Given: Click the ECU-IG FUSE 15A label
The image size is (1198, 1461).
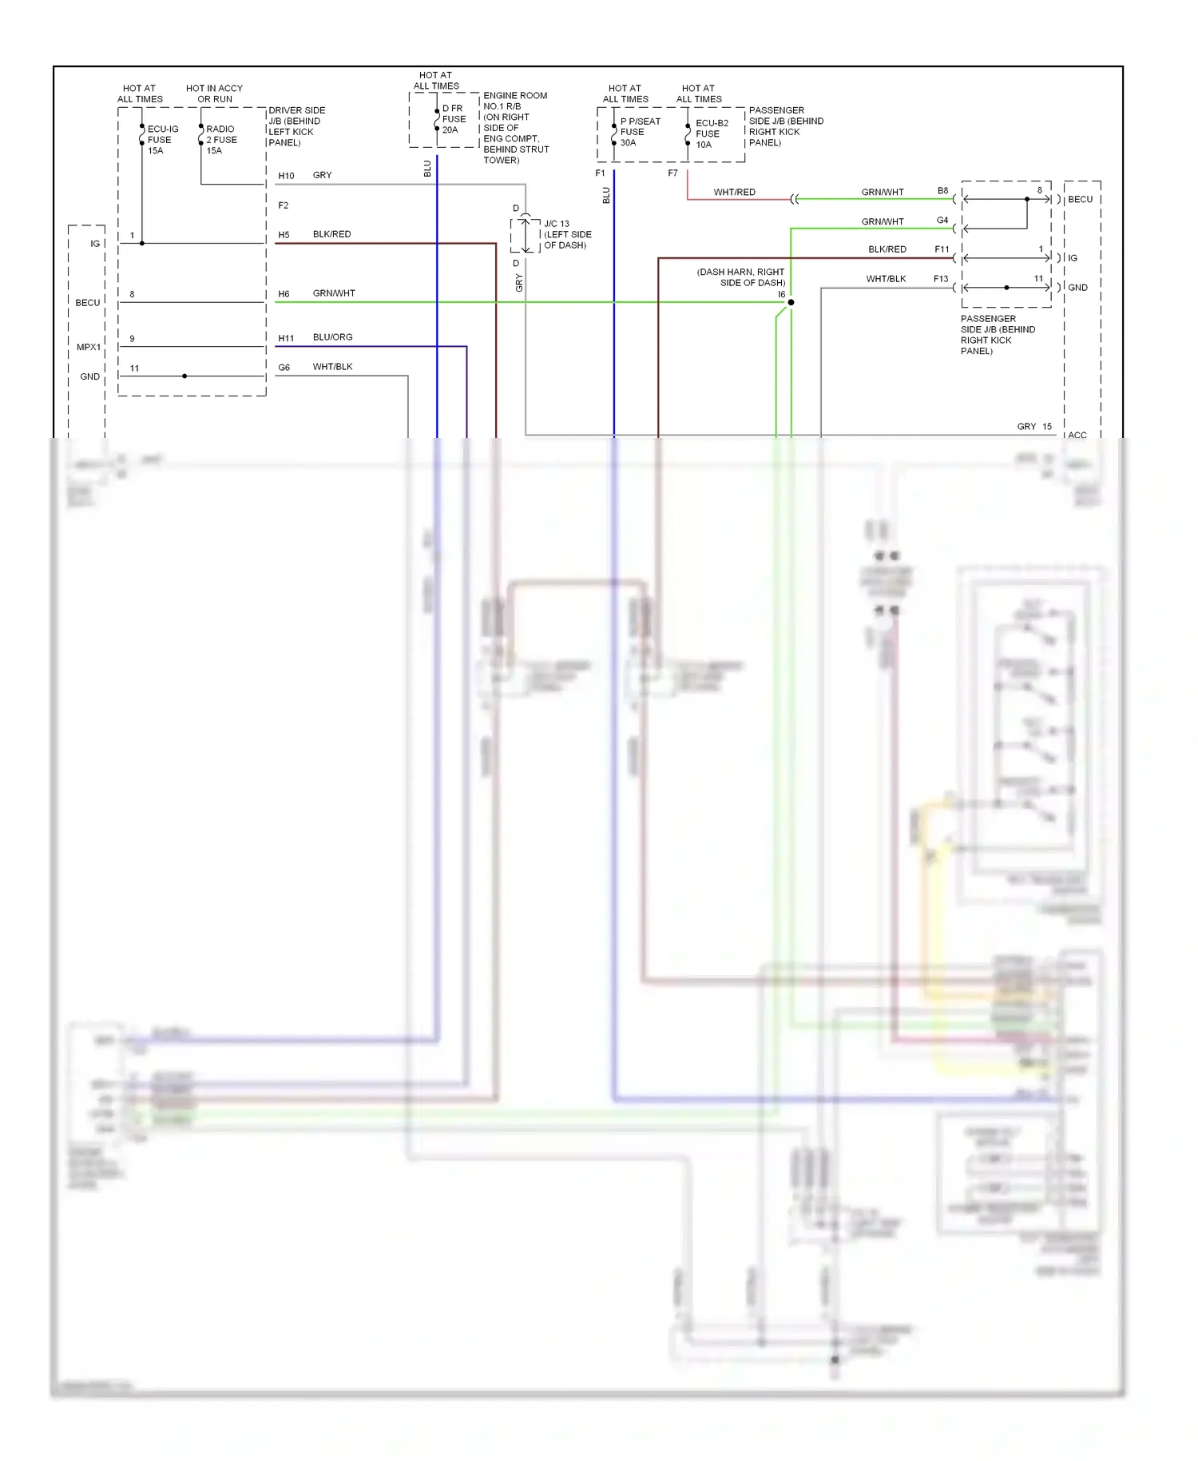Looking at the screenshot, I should pyautogui.click(x=162, y=140).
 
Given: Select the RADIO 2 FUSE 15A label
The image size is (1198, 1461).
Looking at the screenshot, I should pyautogui.click(x=221, y=140).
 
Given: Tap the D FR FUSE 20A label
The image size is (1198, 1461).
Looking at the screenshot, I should pyautogui.click(x=454, y=119).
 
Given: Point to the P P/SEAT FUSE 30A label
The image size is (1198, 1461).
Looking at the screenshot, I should pyautogui.click(x=640, y=132).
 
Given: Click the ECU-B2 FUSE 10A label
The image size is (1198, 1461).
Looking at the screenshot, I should pyautogui.click(x=711, y=133).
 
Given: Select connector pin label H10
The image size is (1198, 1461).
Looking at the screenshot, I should pyautogui.click(x=286, y=176).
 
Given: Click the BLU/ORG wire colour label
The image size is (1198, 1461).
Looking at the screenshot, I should pyautogui.click(x=332, y=337).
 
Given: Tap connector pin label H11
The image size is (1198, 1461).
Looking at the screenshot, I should pyautogui.click(x=286, y=339).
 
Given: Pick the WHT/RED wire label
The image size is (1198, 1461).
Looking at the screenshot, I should pyautogui.click(x=734, y=193).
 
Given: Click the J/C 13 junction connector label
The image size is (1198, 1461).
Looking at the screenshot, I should pyautogui.click(x=567, y=235).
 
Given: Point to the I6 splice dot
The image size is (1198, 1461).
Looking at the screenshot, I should pyautogui.click(x=791, y=303).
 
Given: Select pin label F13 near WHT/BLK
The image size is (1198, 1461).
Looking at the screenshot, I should pyautogui.click(x=941, y=279).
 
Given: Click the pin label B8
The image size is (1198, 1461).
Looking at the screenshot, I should pyautogui.click(x=942, y=191).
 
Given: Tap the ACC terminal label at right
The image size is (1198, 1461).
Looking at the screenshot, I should pyautogui.click(x=1077, y=436).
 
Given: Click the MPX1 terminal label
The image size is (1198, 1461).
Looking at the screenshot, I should pyautogui.click(x=89, y=348).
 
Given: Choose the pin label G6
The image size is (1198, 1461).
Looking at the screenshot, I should pyautogui.click(x=284, y=368).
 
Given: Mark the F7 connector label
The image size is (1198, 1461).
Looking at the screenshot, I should pyautogui.click(x=672, y=173).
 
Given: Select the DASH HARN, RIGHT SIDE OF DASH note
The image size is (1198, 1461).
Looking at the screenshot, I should pyautogui.click(x=740, y=277).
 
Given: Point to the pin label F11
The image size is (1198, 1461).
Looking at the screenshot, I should pyautogui.click(x=942, y=249).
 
